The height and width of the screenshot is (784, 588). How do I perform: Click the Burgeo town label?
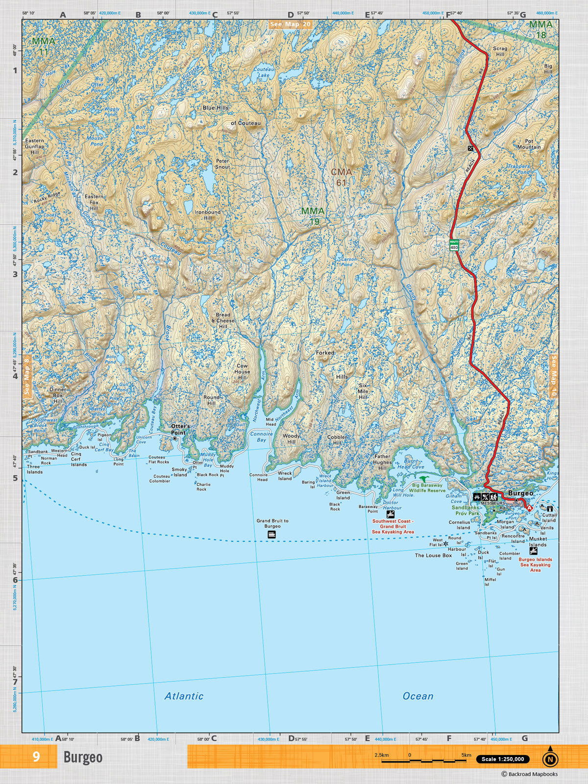(x=520, y=493)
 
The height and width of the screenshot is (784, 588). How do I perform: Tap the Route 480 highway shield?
(x=454, y=245)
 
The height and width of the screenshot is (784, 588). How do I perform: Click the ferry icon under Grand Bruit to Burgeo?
(x=272, y=535)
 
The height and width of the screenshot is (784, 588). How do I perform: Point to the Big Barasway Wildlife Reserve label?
(x=427, y=488)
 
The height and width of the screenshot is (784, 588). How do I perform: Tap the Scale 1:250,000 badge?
(x=503, y=759)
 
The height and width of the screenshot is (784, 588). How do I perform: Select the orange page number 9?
(x=36, y=757)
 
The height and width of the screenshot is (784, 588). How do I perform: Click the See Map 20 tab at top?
(x=290, y=24)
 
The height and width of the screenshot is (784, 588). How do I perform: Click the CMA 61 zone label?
(x=341, y=177)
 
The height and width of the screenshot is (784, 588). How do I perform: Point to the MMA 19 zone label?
(x=313, y=216)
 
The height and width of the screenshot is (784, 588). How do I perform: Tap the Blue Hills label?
(x=216, y=107)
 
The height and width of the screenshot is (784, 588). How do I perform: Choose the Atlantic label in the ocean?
(x=184, y=696)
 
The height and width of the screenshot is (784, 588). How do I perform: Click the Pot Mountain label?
(x=529, y=144)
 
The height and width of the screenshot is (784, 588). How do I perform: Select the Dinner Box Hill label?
(x=58, y=395)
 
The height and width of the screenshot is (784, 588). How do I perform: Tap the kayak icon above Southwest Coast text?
(x=390, y=514)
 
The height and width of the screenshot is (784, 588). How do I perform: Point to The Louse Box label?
(x=433, y=555)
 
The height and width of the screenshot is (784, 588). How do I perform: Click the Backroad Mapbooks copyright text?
(x=529, y=774)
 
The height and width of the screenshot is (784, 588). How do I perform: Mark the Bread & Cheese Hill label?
(x=223, y=320)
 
